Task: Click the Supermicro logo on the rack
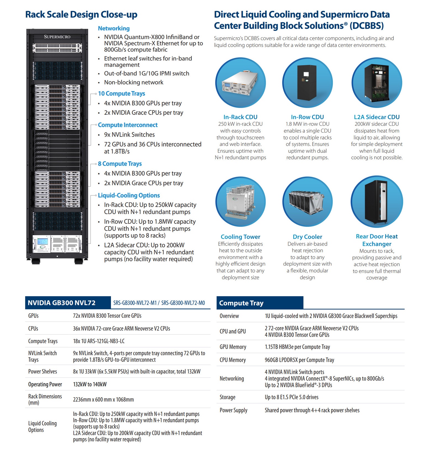[x=57, y=37]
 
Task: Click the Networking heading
[x=114, y=28]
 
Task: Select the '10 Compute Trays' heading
[x=121, y=94]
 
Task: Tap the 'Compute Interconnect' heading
[x=128, y=125]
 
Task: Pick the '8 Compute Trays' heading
[x=120, y=164]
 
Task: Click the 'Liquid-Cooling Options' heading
[x=129, y=195]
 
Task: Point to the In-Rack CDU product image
[x=240, y=82]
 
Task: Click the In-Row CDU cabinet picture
[x=307, y=82]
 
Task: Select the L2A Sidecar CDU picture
[x=377, y=82]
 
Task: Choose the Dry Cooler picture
[x=307, y=202]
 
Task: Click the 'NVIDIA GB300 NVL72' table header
[x=62, y=303]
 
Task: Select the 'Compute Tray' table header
[x=241, y=303]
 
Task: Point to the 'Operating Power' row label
[x=45, y=384]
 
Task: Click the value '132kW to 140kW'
[x=90, y=384]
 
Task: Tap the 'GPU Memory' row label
[x=233, y=347]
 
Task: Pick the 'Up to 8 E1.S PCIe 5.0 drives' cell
[x=292, y=397]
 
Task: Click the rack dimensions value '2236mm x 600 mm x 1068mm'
[x=103, y=399]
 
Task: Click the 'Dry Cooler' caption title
[x=307, y=237]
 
